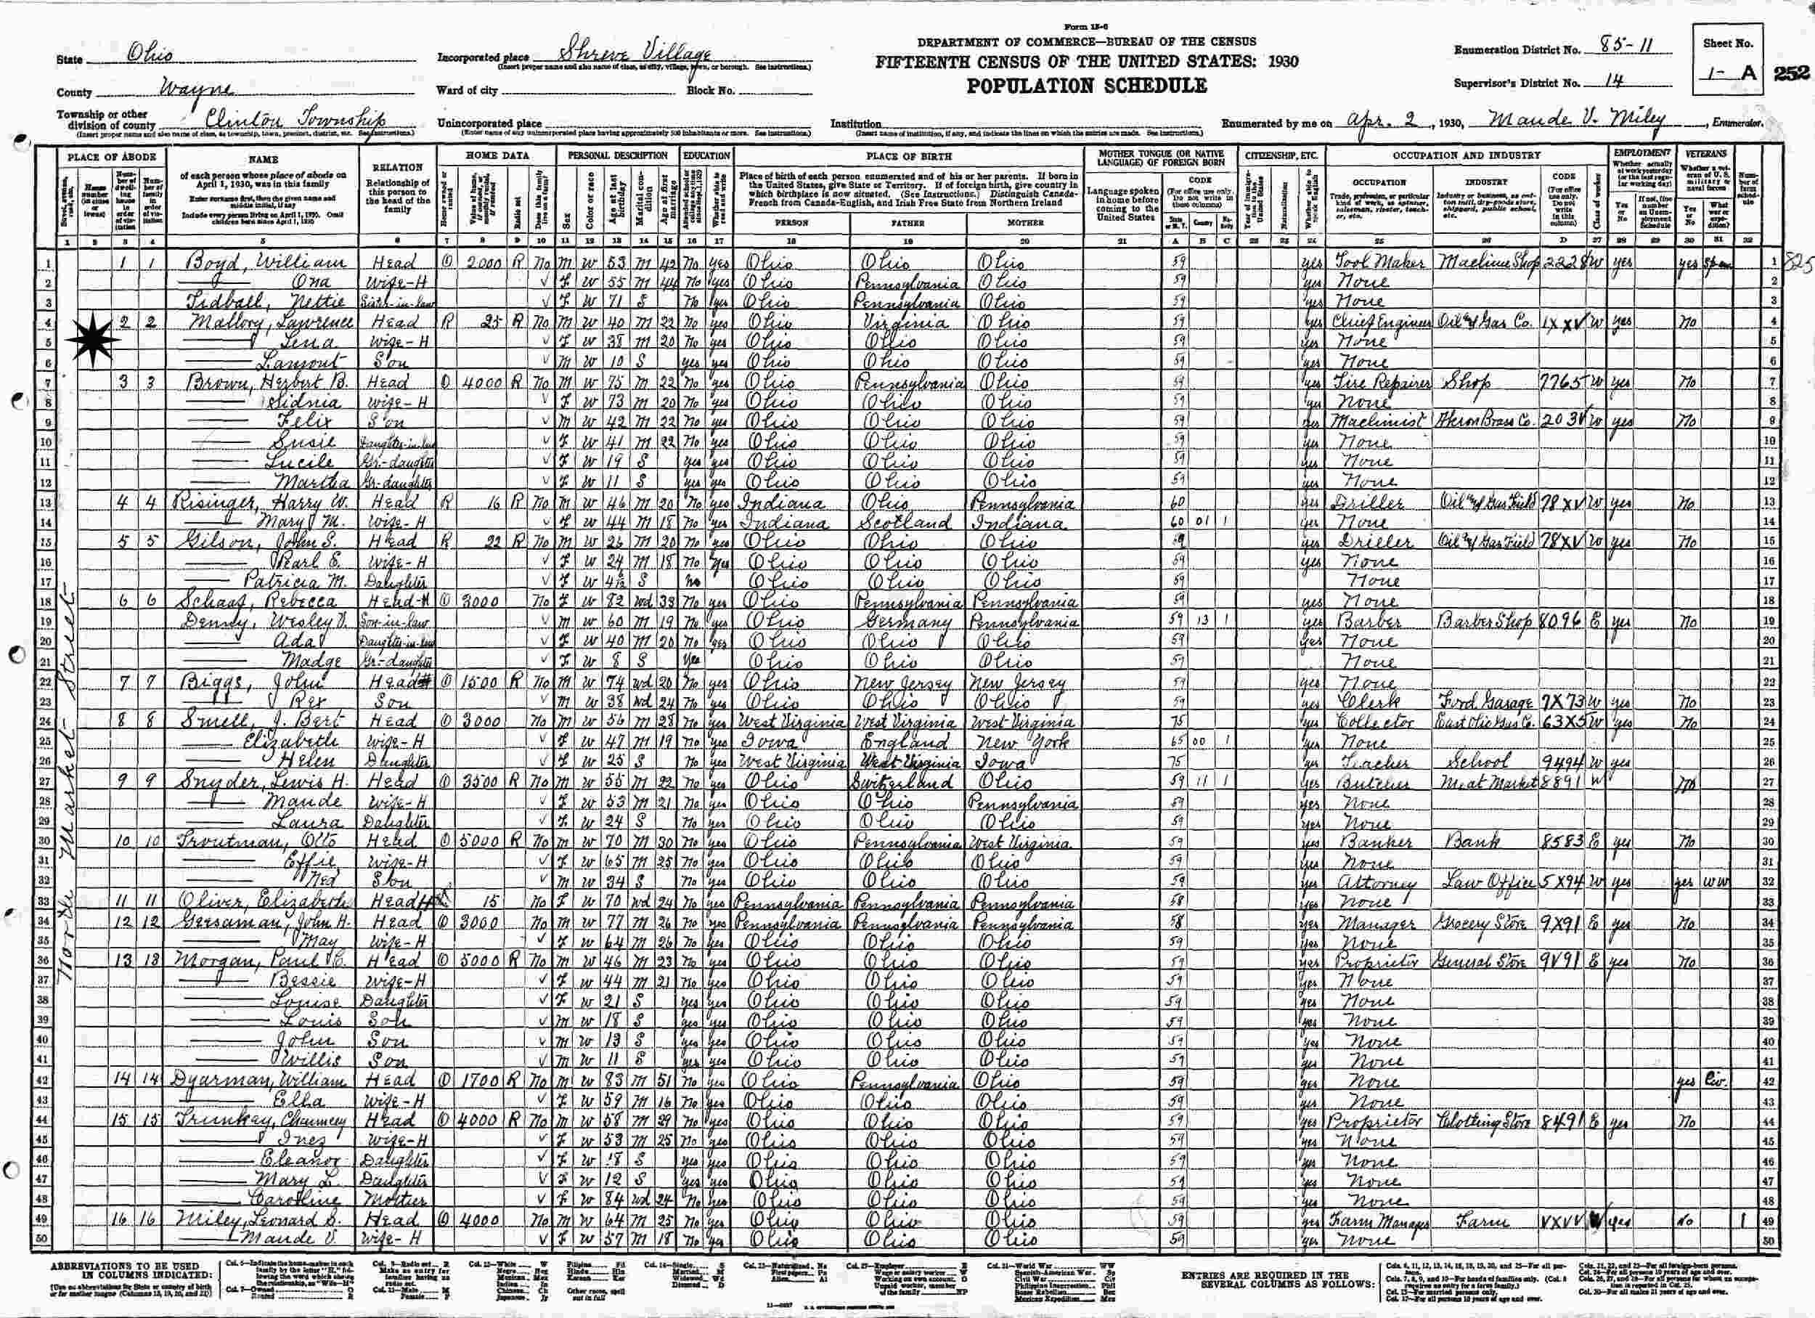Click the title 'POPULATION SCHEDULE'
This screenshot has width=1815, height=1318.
coord(1087,86)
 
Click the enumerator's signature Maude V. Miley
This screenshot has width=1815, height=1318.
coord(1575,121)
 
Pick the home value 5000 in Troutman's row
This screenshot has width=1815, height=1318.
coord(482,842)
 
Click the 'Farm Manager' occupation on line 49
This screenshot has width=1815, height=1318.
coord(1379,1223)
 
